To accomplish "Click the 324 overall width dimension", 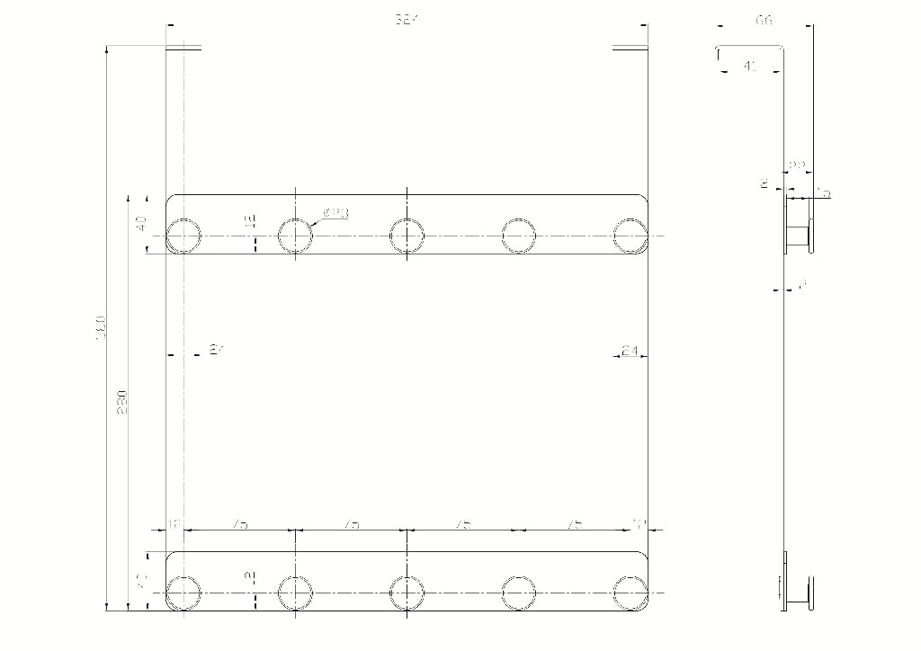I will (407, 20).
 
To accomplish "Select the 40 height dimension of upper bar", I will (140, 224).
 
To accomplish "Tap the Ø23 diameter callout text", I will (335, 213).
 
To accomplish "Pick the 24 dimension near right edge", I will (630, 352).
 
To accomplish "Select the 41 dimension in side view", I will (750, 66).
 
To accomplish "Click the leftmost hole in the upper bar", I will (183, 236).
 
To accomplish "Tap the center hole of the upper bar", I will (407, 236).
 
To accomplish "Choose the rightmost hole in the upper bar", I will (630, 236).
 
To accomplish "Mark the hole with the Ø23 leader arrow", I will (295, 236).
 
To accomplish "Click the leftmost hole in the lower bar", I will (183, 593).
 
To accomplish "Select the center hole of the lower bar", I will (407, 593).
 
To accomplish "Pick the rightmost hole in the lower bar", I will (630, 593).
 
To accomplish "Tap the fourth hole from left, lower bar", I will (519, 593).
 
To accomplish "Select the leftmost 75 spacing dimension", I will (239, 524).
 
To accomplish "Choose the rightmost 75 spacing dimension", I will (576, 524).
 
